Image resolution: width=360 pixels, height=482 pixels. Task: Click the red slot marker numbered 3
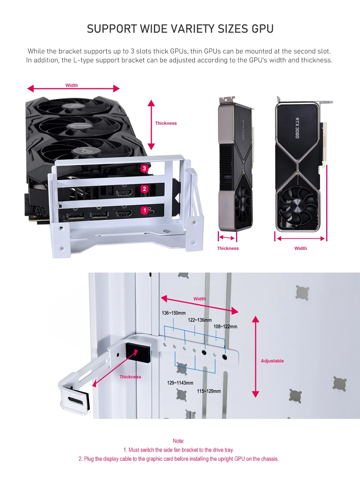[144, 169]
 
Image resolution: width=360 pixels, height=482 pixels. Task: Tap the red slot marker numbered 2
[144, 189]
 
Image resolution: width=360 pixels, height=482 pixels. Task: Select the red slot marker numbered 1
[145, 211]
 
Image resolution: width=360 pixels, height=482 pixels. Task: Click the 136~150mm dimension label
[173, 313]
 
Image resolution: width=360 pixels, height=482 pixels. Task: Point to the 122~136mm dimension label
[200, 320]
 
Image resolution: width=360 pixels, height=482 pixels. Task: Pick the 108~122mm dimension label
[225, 327]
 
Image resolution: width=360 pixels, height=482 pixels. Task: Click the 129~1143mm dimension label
[180, 383]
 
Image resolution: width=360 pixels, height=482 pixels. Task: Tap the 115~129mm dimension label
[209, 391]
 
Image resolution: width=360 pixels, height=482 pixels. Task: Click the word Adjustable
[272, 361]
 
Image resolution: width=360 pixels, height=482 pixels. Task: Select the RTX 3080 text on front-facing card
[297, 128]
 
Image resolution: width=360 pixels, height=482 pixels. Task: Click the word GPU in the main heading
[262, 29]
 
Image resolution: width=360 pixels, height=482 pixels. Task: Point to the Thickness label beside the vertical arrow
[166, 123]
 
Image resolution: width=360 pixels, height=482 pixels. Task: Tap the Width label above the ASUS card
[72, 85]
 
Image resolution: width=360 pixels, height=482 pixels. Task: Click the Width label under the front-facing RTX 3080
[301, 248]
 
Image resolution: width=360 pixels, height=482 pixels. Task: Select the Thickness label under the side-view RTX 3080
[228, 248]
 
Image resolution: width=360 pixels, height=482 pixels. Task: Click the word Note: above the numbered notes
[179, 441]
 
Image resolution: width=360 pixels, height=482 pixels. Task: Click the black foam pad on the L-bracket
[138, 352]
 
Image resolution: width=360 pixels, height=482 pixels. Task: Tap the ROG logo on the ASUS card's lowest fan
[82, 151]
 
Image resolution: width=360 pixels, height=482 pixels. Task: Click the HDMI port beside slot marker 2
[124, 193]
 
